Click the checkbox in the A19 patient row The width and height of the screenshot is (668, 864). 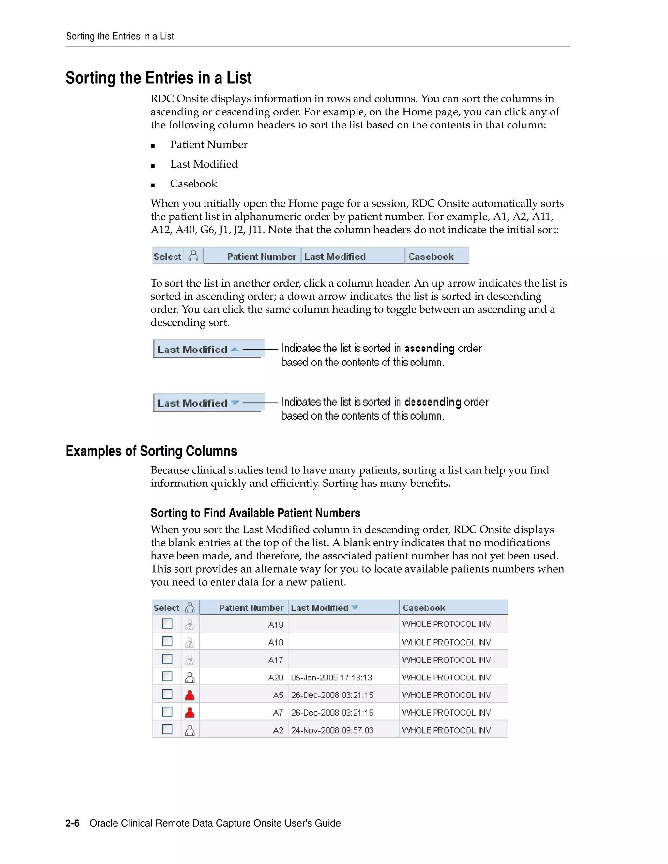click(x=167, y=624)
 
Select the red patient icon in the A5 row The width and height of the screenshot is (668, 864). click(x=190, y=695)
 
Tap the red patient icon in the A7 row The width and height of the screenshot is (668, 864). click(x=190, y=712)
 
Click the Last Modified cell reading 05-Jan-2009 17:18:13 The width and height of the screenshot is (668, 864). click(x=331, y=678)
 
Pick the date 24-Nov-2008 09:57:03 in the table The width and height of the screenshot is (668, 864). click(x=332, y=730)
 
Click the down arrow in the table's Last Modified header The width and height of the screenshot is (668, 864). click(x=355, y=607)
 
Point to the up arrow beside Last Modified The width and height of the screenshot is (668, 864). click(x=235, y=349)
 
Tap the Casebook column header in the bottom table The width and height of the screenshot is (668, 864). click(x=423, y=608)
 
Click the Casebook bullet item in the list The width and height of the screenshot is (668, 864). click(x=193, y=184)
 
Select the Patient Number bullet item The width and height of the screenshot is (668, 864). click(x=208, y=144)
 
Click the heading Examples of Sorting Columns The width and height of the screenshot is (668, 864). click(x=151, y=451)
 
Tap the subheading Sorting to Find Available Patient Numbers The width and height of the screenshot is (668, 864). click(x=255, y=513)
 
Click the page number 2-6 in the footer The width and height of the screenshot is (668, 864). click(x=72, y=823)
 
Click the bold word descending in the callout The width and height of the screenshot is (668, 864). click(x=433, y=402)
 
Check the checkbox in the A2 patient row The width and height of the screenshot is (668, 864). click(x=167, y=729)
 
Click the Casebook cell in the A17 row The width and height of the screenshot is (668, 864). click(x=447, y=660)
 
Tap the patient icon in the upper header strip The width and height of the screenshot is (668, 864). click(x=193, y=256)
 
